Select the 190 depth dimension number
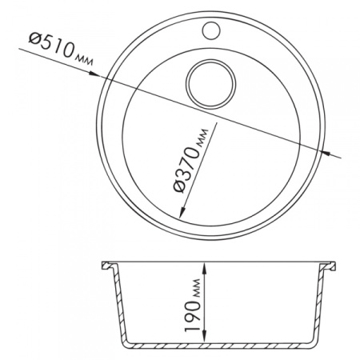[x=193, y=316]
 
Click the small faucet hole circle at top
[x=211, y=30]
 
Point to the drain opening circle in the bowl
[x=211, y=84]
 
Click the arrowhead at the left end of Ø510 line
[x=94, y=74]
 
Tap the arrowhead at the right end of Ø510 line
[x=326, y=153]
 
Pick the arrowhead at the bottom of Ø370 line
[x=182, y=213]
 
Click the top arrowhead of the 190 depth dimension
[x=204, y=268]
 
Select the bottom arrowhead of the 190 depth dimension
[x=204, y=336]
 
